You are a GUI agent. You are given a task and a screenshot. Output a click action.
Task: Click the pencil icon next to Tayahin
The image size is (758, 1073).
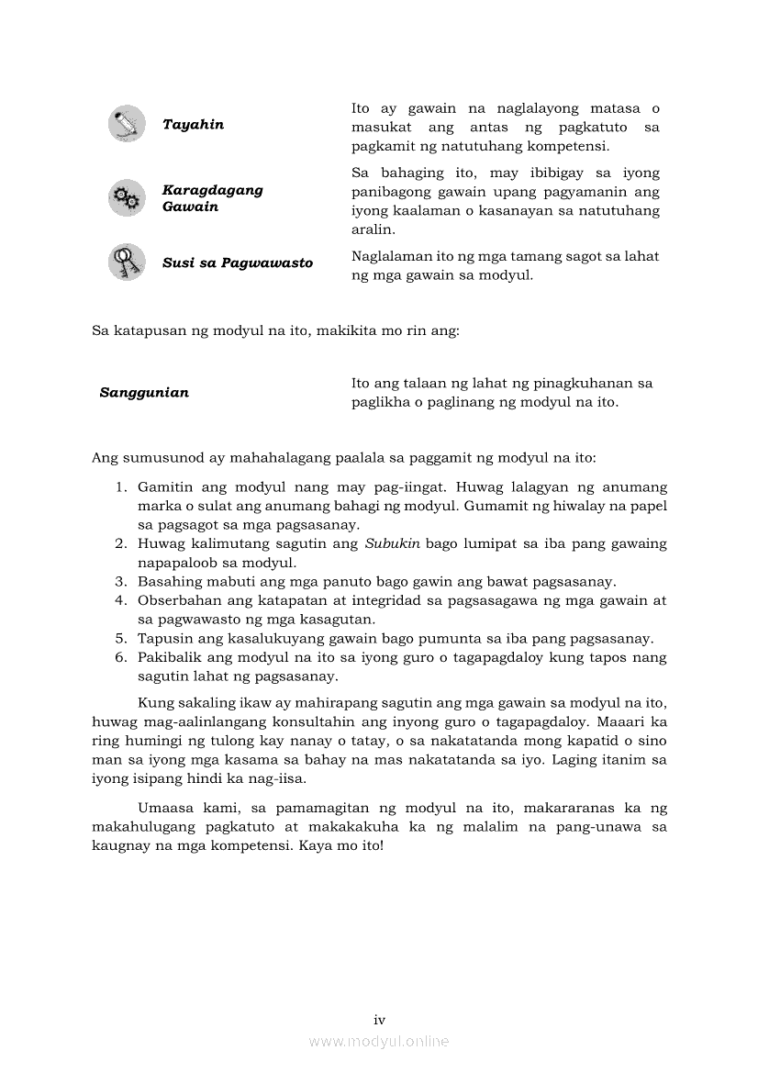tap(126, 124)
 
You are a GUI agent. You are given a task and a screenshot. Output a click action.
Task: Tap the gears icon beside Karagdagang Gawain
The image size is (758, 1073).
tap(126, 198)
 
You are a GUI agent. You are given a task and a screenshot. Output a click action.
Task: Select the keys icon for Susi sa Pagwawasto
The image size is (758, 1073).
tap(126, 263)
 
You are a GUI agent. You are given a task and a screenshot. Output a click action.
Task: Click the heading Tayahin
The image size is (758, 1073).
tap(193, 125)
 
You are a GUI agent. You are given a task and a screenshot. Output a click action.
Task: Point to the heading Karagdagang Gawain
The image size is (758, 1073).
tap(212, 198)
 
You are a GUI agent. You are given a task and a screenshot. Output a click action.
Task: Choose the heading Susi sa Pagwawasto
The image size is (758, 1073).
tap(237, 263)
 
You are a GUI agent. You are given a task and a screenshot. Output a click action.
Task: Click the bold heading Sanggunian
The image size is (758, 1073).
tap(144, 393)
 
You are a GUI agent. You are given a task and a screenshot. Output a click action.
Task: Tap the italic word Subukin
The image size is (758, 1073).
tap(392, 543)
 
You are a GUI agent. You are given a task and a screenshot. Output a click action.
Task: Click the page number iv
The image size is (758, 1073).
tap(379, 1020)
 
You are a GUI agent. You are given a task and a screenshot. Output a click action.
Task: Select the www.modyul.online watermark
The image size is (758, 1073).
tap(379, 1041)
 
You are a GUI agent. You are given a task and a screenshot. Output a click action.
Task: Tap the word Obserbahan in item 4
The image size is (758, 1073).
tap(176, 600)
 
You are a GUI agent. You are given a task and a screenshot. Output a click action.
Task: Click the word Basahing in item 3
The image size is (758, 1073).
tap(167, 582)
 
